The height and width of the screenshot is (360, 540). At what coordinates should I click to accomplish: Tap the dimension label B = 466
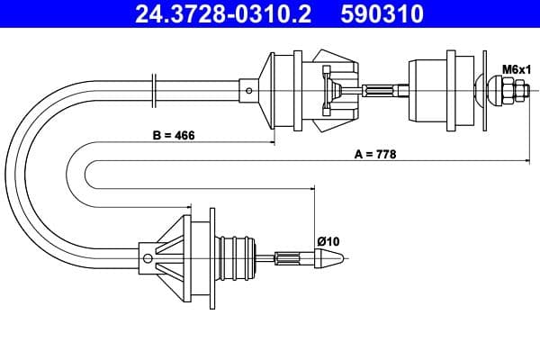(x=174, y=136)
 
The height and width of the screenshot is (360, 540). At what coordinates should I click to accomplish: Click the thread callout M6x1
(x=516, y=68)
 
